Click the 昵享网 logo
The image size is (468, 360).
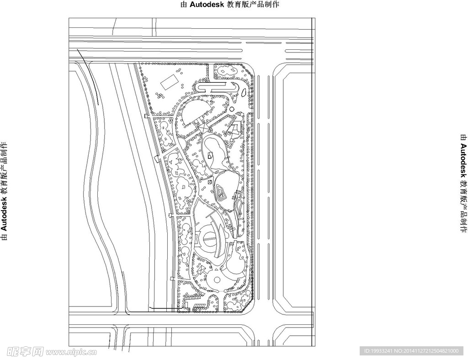point(25,352)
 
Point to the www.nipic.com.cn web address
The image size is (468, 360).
point(71,352)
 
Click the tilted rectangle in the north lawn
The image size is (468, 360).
point(169,82)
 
